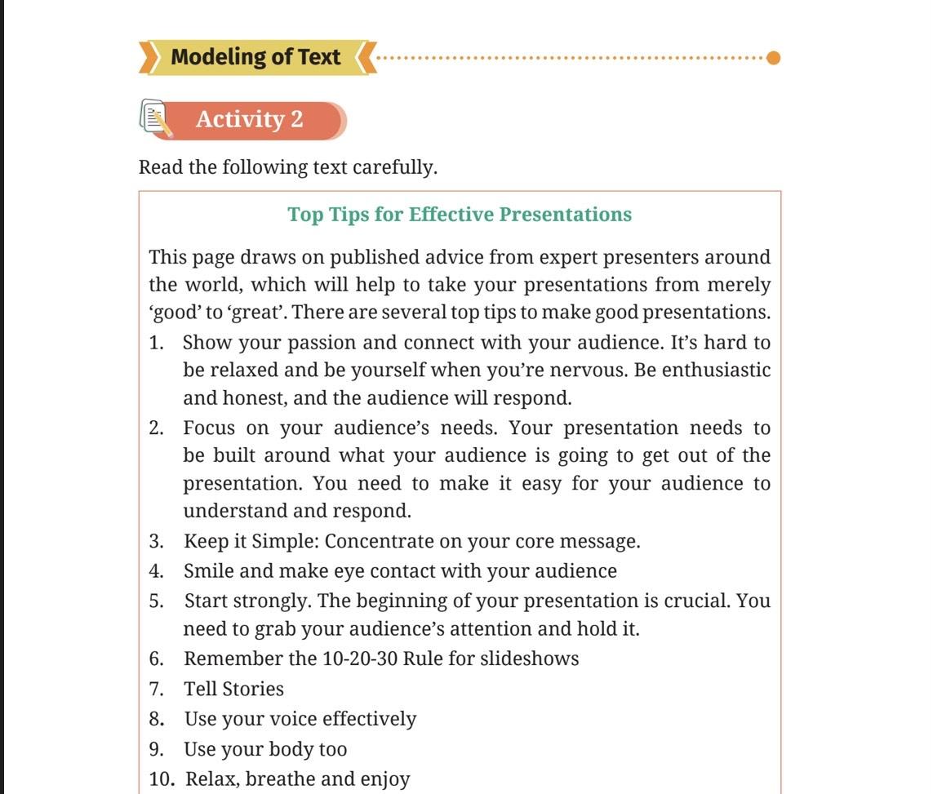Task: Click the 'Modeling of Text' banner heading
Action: click(255, 58)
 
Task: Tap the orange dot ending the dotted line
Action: click(774, 58)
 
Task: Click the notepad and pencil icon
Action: click(156, 119)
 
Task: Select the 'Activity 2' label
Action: click(249, 119)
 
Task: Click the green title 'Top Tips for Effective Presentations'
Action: click(460, 215)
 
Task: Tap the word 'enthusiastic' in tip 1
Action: click(716, 370)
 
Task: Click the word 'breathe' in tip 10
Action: click(280, 779)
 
